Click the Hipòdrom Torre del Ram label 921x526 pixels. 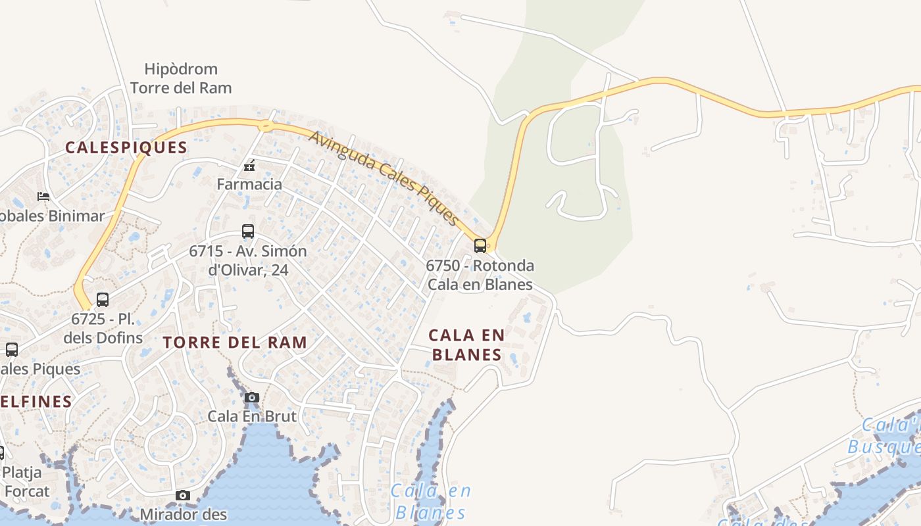181,78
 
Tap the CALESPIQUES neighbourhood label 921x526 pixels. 126,147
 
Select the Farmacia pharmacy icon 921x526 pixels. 249,165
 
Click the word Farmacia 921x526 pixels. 249,184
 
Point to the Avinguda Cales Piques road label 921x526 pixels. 384,178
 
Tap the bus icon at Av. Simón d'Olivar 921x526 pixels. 248,231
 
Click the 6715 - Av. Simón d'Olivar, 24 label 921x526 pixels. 248,260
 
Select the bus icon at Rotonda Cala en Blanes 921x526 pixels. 480,246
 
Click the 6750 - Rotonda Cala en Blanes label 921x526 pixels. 480,275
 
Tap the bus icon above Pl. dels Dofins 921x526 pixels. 103,300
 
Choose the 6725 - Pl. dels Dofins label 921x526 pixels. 103,329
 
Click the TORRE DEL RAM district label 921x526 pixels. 235,343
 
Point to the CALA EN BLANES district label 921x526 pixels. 467,345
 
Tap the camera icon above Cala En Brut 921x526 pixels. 252,397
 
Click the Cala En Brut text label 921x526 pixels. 252,416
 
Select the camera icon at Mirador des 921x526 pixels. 183,496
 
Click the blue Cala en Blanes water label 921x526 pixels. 431,502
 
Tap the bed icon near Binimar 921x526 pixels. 43,197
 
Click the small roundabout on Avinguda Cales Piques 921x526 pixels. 266,126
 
